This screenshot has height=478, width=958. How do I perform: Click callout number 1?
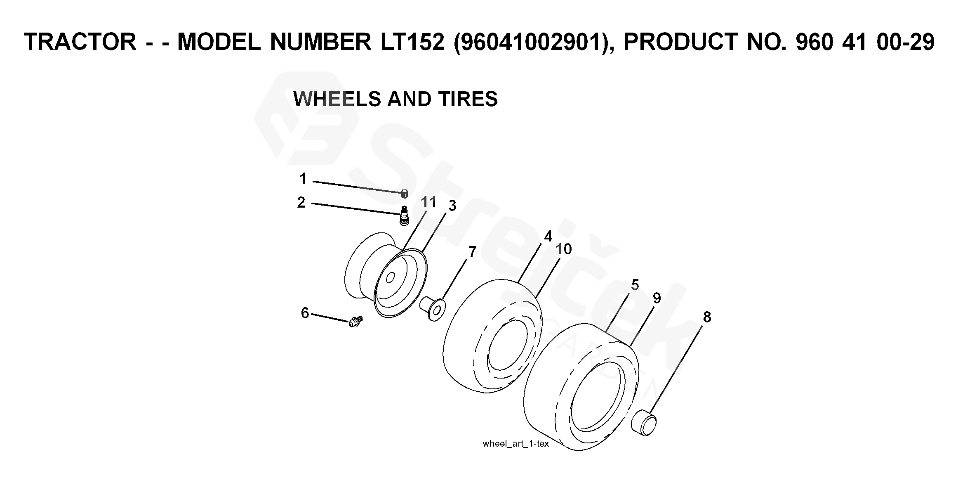pyautogui.click(x=303, y=179)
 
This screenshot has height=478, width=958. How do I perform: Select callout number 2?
pyautogui.click(x=301, y=203)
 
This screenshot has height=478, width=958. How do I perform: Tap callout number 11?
pyautogui.click(x=429, y=202)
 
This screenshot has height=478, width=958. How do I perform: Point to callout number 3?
pyautogui.click(x=452, y=206)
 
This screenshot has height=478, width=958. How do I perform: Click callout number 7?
pyautogui.click(x=473, y=252)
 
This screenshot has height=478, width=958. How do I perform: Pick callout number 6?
pyautogui.click(x=305, y=313)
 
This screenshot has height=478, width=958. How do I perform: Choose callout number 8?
pyautogui.click(x=707, y=317)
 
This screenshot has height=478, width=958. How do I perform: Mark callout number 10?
pyautogui.click(x=563, y=249)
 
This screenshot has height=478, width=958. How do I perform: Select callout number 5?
pyautogui.click(x=635, y=285)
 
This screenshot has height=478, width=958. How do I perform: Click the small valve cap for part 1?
pyautogui.click(x=404, y=194)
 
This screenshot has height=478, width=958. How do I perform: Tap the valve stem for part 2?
pyautogui.click(x=404, y=215)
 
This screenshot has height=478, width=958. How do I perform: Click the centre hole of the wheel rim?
pyautogui.click(x=390, y=277)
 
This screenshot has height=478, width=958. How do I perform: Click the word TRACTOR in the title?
pyautogui.click(x=80, y=42)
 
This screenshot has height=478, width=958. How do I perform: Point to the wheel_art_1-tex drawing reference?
pyautogui.click(x=515, y=444)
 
